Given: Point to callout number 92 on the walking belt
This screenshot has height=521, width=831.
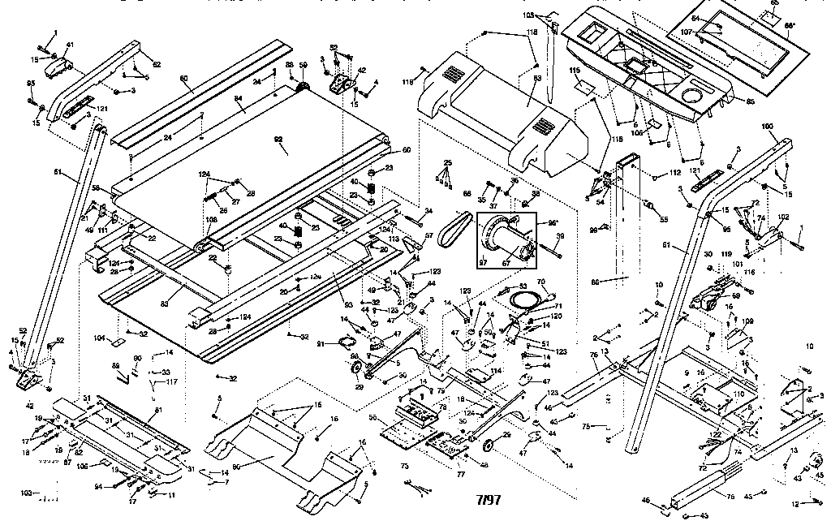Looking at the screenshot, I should (x=278, y=140).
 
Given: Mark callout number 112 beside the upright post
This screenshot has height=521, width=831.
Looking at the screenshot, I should (x=674, y=173).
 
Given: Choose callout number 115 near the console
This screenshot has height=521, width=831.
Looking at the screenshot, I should (x=575, y=71).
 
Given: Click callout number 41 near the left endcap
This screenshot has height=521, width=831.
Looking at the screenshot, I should (x=70, y=45).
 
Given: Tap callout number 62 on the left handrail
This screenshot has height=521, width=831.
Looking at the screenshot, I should (x=157, y=63).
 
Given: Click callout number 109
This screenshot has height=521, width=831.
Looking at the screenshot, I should (x=747, y=321).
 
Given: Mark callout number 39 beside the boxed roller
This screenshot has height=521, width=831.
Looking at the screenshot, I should (x=559, y=236).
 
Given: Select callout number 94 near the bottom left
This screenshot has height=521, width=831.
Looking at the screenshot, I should (x=99, y=487).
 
